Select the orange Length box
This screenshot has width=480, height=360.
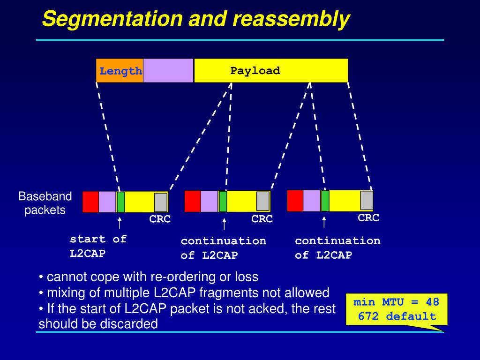[120, 71]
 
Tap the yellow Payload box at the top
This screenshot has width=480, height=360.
[271, 71]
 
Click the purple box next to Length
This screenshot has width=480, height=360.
[168, 71]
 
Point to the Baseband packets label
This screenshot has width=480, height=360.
[45, 203]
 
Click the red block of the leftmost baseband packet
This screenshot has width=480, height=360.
[90, 202]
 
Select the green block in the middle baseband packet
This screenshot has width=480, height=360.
[223, 202]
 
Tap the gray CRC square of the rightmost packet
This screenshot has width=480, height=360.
[367, 201]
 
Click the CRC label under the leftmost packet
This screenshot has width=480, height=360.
[160, 219]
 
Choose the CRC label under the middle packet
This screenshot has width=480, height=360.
[262, 219]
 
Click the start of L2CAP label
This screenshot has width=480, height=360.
[98, 246]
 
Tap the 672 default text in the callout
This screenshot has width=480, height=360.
[397, 316]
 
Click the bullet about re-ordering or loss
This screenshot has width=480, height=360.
[148, 277]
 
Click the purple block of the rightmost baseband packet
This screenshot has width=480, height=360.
[312, 201]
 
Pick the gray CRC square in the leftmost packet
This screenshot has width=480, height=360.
[161, 202]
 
